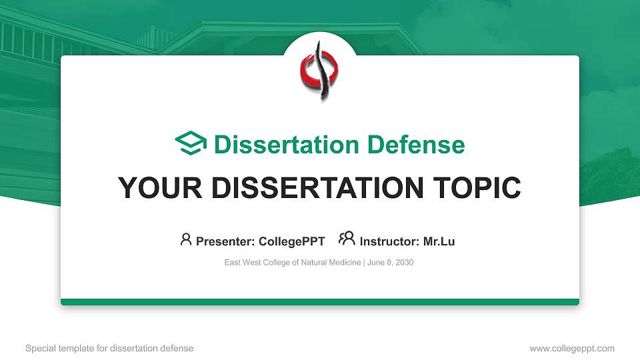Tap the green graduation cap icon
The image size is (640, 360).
click(x=191, y=144)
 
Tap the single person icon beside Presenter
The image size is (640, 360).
click(x=186, y=239)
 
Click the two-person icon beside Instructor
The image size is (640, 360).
click(x=347, y=239)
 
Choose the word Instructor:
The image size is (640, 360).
click(x=389, y=241)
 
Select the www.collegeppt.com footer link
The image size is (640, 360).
click(x=571, y=348)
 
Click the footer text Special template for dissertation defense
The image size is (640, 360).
click(x=109, y=348)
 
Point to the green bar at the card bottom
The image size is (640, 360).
click(x=320, y=302)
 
